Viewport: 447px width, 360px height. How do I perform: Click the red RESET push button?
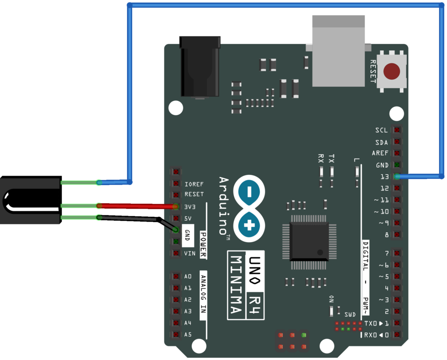392,71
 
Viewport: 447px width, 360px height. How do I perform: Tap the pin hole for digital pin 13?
396,177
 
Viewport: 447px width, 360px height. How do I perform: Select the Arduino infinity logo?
249,208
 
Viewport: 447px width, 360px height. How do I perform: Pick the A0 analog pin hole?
175,276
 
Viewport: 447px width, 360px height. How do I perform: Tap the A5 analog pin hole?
175,335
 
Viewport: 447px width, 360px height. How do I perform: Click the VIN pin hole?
175,253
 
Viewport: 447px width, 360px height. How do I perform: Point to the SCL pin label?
382,130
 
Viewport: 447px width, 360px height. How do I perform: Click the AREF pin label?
380,154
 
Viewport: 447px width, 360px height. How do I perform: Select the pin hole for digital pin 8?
396,235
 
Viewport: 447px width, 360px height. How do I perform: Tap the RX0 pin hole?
396,335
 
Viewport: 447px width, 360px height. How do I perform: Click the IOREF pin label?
194,184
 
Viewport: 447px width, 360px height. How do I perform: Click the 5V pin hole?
175,218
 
